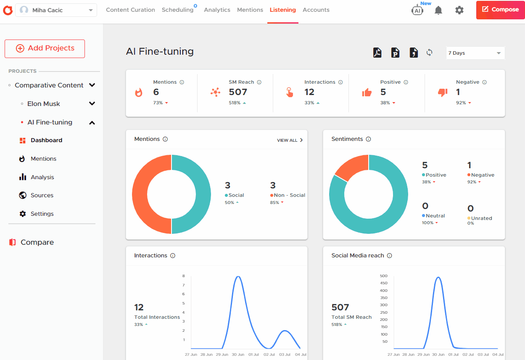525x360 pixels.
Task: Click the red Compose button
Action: (500, 10)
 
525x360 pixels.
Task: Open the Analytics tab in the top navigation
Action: (217, 10)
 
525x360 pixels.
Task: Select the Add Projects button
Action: (45, 48)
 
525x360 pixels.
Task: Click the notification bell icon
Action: (438, 10)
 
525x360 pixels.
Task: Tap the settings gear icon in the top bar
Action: (459, 10)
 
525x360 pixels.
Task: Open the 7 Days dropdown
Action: (475, 53)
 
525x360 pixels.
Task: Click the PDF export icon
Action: (377, 53)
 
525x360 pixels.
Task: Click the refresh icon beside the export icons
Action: (429, 53)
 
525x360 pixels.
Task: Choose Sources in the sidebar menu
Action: (42, 196)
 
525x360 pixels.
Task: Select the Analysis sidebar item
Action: (42, 177)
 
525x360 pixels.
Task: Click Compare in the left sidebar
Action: (37, 242)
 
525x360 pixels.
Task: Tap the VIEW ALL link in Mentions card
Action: (290, 140)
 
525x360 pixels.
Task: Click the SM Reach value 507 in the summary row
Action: (238, 92)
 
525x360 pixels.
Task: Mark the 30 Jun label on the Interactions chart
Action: (238, 355)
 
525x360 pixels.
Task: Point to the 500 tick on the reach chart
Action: (384, 276)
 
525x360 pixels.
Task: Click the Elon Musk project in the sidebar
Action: (44, 104)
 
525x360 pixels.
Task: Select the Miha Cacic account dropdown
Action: (56, 10)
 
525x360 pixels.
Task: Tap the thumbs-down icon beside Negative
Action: (443, 93)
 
